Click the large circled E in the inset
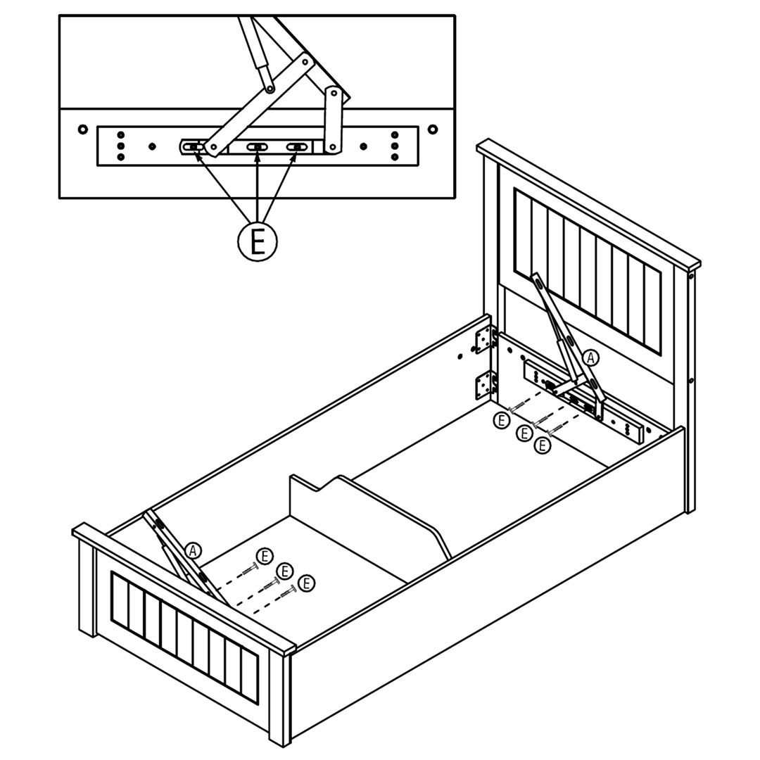(x=257, y=241)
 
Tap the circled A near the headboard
(x=590, y=358)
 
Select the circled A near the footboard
(x=194, y=552)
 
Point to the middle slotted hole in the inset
(x=258, y=147)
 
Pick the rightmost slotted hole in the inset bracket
(x=297, y=147)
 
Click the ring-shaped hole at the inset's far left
(x=82, y=129)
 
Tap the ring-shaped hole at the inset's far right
(x=432, y=129)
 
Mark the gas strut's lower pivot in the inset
(x=270, y=89)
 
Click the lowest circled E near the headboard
(x=542, y=445)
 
